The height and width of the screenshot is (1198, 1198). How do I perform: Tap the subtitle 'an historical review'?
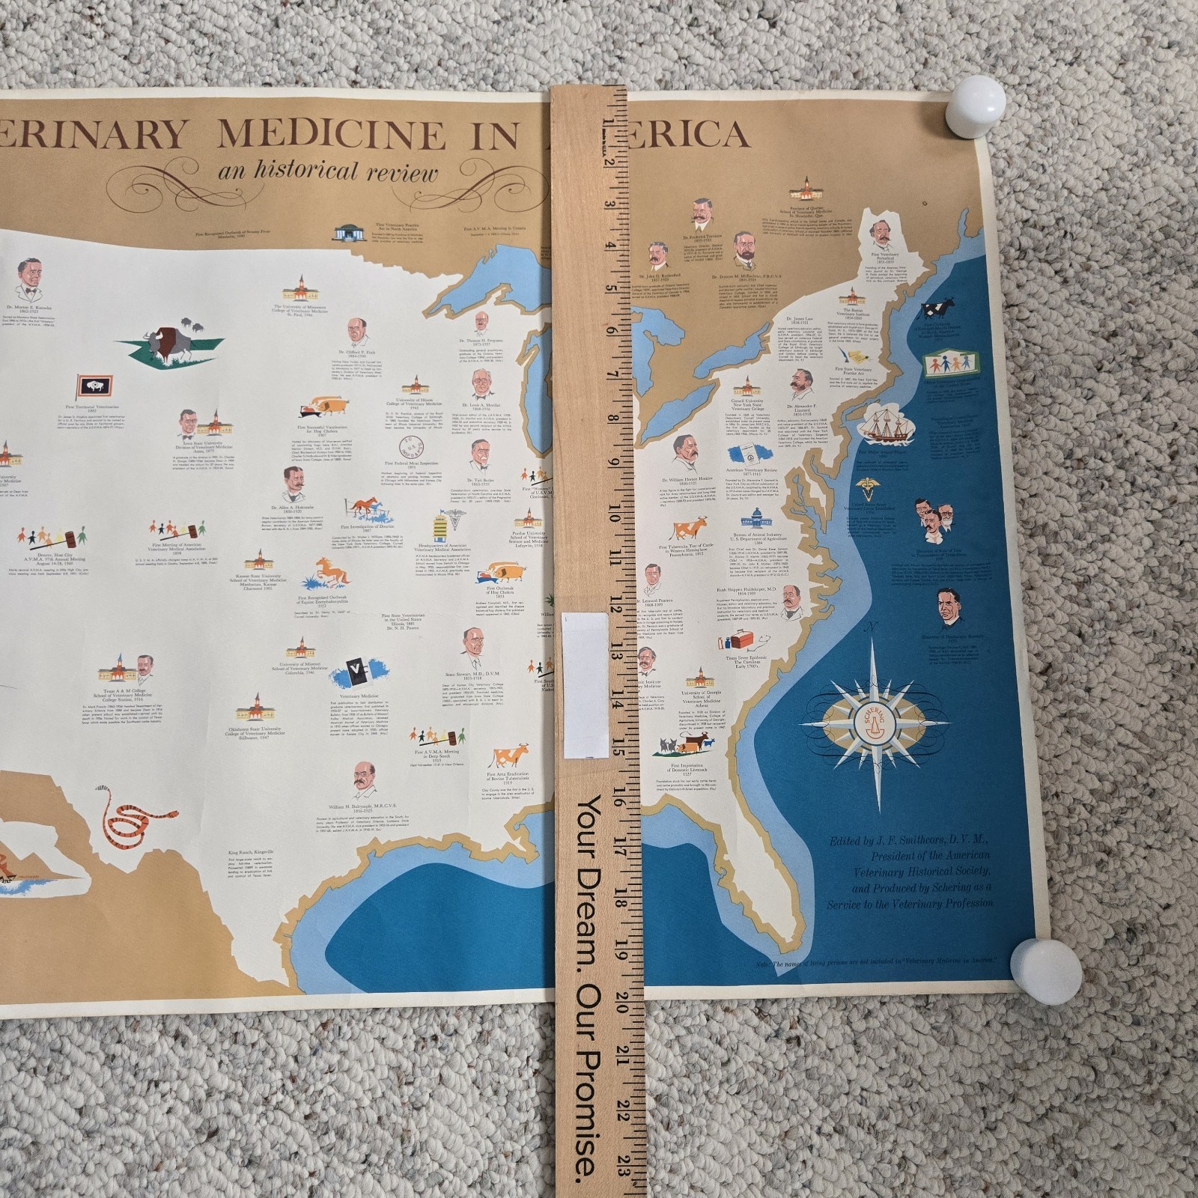click(x=328, y=173)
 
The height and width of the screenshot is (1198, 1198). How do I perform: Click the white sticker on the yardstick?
click(x=586, y=684)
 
